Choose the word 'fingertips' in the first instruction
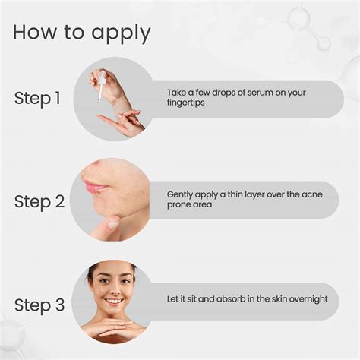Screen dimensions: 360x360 click(187, 104)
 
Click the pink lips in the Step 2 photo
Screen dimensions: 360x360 click(95, 186)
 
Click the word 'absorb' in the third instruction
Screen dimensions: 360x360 click(238, 299)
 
